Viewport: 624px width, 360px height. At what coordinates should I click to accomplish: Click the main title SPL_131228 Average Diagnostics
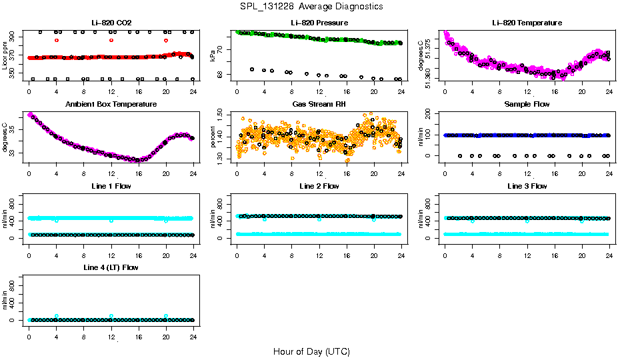[x=312, y=6]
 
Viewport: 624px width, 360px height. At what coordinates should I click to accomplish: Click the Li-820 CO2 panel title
[x=111, y=23]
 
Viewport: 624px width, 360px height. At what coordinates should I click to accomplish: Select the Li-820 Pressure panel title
[x=319, y=23]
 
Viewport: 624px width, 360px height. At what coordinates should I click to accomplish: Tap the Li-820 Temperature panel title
[x=527, y=23]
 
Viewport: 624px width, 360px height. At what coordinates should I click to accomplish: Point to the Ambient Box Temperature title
[x=111, y=105]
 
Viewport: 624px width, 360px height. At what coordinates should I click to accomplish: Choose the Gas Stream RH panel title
[x=319, y=105]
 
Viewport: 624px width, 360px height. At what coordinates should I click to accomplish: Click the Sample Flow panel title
[x=527, y=105]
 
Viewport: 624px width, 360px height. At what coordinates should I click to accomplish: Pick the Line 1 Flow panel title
[x=111, y=186]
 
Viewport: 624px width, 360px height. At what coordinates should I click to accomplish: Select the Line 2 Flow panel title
[x=319, y=186]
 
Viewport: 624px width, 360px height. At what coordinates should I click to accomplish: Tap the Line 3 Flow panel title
[x=527, y=186]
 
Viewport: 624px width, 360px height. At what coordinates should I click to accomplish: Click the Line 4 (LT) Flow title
[x=111, y=267]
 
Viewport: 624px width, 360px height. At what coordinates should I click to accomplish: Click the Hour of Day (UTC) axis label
[x=311, y=351]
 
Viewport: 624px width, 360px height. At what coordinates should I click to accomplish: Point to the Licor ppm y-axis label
[x=5, y=56]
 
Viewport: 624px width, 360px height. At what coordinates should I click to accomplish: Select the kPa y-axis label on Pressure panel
[x=213, y=56]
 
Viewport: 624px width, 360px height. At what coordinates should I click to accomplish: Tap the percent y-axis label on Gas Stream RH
[x=213, y=137]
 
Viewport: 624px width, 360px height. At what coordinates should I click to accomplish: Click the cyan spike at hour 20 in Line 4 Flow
[x=166, y=316]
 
